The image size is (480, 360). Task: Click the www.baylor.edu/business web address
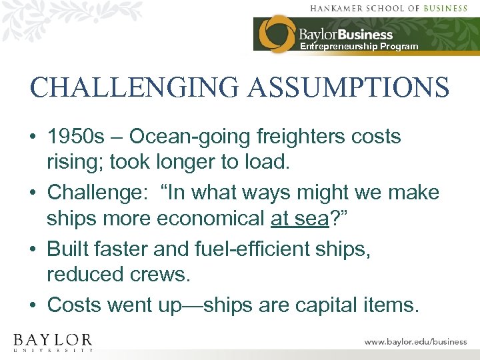click(x=415, y=341)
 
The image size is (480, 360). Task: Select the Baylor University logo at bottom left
click(x=53, y=341)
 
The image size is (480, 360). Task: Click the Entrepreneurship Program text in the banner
click(x=359, y=47)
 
